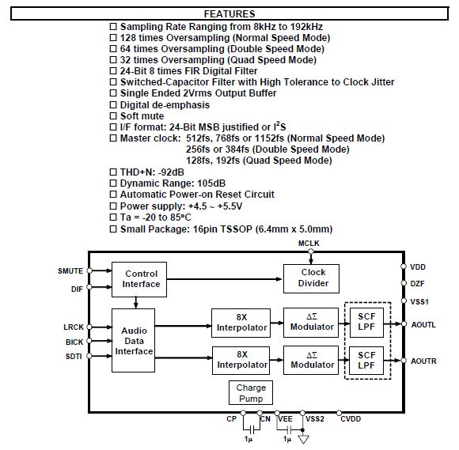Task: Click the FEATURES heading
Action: point(229,13)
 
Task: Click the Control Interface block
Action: point(139,279)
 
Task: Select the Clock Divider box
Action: point(311,278)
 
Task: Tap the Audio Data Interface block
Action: point(133,340)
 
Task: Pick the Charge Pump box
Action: point(251,392)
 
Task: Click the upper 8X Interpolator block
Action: point(241,323)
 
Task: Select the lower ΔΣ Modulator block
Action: point(311,360)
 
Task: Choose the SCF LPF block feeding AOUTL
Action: point(366,323)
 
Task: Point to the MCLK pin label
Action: point(309,244)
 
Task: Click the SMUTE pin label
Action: point(70,271)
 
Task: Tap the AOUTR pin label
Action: point(423,361)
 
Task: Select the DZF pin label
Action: point(417,283)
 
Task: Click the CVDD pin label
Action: point(351,419)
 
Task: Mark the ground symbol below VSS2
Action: point(303,439)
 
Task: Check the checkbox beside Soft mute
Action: point(113,116)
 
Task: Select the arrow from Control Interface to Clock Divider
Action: point(225,279)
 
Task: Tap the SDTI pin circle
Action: point(89,356)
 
